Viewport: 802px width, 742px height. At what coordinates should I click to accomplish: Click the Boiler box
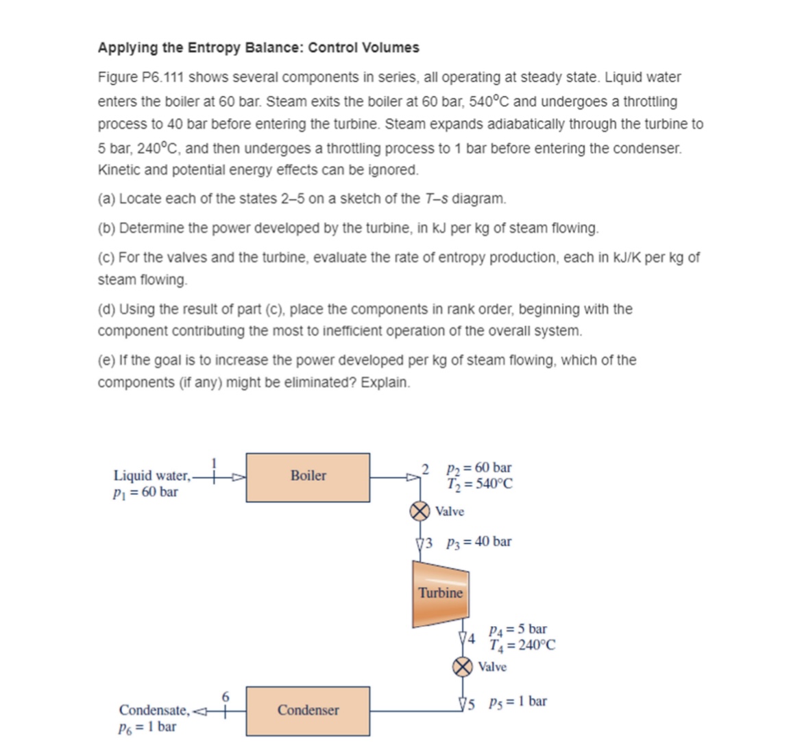[x=308, y=477]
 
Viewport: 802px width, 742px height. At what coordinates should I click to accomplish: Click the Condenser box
[x=308, y=710]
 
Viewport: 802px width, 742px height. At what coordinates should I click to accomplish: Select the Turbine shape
[x=440, y=593]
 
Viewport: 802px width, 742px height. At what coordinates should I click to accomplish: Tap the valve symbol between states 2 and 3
[x=420, y=511]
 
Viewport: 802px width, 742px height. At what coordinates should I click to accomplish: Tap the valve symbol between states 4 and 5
[x=463, y=666]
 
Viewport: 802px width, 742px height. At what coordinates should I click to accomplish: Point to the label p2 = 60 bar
[x=478, y=468]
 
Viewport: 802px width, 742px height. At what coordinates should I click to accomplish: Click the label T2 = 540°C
[x=479, y=484]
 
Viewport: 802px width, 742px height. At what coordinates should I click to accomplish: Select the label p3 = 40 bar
[x=478, y=542]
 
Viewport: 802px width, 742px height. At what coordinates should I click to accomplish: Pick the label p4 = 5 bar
[x=518, y=629]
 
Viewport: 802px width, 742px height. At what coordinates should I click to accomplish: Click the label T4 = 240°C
[x=522, y=645]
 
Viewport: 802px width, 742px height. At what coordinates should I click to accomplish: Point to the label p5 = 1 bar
[x=518, y=702]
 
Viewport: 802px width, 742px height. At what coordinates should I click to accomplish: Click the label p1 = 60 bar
[x=145, y=492]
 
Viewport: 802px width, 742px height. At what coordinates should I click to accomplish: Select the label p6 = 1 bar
[x=147, y=726]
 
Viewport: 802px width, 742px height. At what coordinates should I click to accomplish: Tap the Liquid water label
[x=151, y=475]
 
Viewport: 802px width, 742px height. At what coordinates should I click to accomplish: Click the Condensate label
[x=153, y=710]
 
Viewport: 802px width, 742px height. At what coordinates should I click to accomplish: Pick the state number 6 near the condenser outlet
[x=225, y=697]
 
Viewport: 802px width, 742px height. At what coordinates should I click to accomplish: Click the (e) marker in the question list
[x=106, y=360]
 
